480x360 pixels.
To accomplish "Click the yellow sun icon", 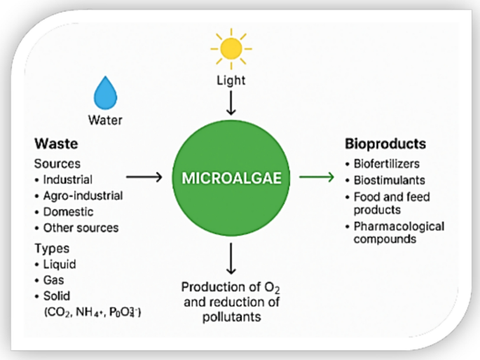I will [231, 48].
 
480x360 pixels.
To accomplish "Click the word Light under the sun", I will [231, 81].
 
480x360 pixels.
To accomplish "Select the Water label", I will [105, 120].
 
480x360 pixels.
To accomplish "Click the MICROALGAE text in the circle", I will [231, 178].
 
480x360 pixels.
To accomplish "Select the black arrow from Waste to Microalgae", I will [143, 178].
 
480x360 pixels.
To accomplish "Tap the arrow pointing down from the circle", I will [231, 258].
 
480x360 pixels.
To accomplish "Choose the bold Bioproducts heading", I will [385, 145].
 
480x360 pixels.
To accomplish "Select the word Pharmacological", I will [399, 226].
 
